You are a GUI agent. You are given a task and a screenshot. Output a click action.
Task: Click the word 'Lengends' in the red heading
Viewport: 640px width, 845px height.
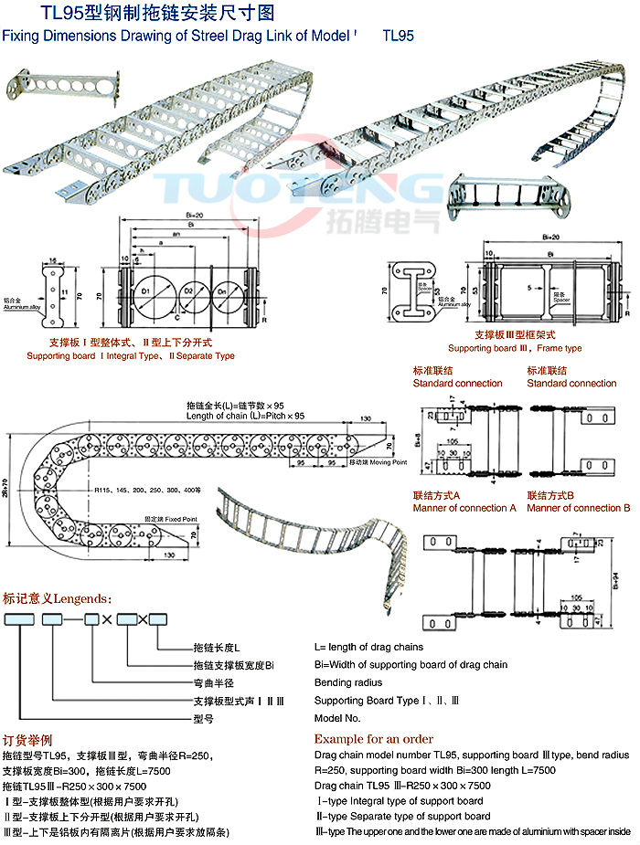[x=82, y=599]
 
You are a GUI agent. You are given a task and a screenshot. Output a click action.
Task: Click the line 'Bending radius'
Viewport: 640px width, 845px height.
[x=347, y=682]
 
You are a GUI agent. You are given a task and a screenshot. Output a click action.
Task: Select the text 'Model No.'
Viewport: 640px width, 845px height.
[x=337, y=719]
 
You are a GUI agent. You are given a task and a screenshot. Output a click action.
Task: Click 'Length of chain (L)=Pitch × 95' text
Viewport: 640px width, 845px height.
[x=246, y=417]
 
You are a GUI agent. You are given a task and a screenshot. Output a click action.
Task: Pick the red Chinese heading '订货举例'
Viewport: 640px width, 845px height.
[x=28, y=739]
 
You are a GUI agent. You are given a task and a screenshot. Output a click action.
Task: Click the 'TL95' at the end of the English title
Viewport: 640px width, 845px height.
[x=399, y=37]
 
